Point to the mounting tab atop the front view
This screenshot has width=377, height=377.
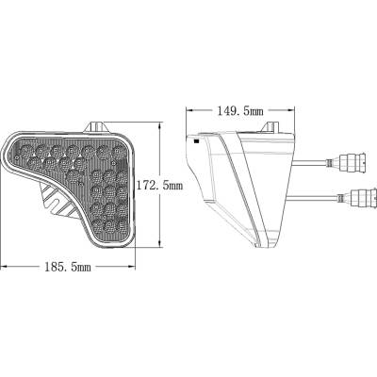click(97, 124)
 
